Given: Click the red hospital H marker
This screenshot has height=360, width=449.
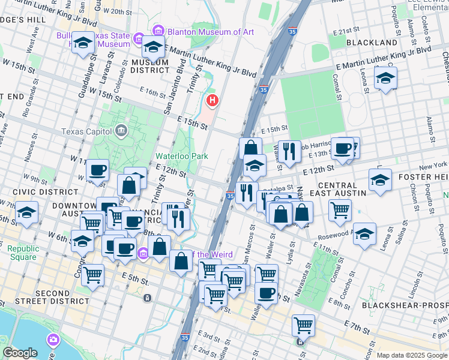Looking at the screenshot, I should pos(211,99).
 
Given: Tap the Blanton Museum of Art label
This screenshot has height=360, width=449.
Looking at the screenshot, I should pos(203,32).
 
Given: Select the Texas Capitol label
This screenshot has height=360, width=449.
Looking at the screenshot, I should pos(87,131).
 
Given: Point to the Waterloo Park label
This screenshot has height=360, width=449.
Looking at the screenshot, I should pos(182,156).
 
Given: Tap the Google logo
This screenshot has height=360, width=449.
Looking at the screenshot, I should pos(20,353).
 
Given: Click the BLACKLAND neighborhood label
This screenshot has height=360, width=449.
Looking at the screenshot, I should pos(372,43).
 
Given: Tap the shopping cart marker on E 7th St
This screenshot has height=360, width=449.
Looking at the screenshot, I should pos(303,325).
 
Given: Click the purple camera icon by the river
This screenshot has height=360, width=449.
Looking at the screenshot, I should pos(54,340).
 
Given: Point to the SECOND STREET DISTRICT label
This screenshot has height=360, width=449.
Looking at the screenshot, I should pos(62,297).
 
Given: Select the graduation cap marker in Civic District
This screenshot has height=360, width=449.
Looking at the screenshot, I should pos(26,212).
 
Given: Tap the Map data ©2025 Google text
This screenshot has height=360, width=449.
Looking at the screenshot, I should pos(412,355).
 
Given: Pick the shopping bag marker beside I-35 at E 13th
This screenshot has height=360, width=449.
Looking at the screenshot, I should pos(250,148).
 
